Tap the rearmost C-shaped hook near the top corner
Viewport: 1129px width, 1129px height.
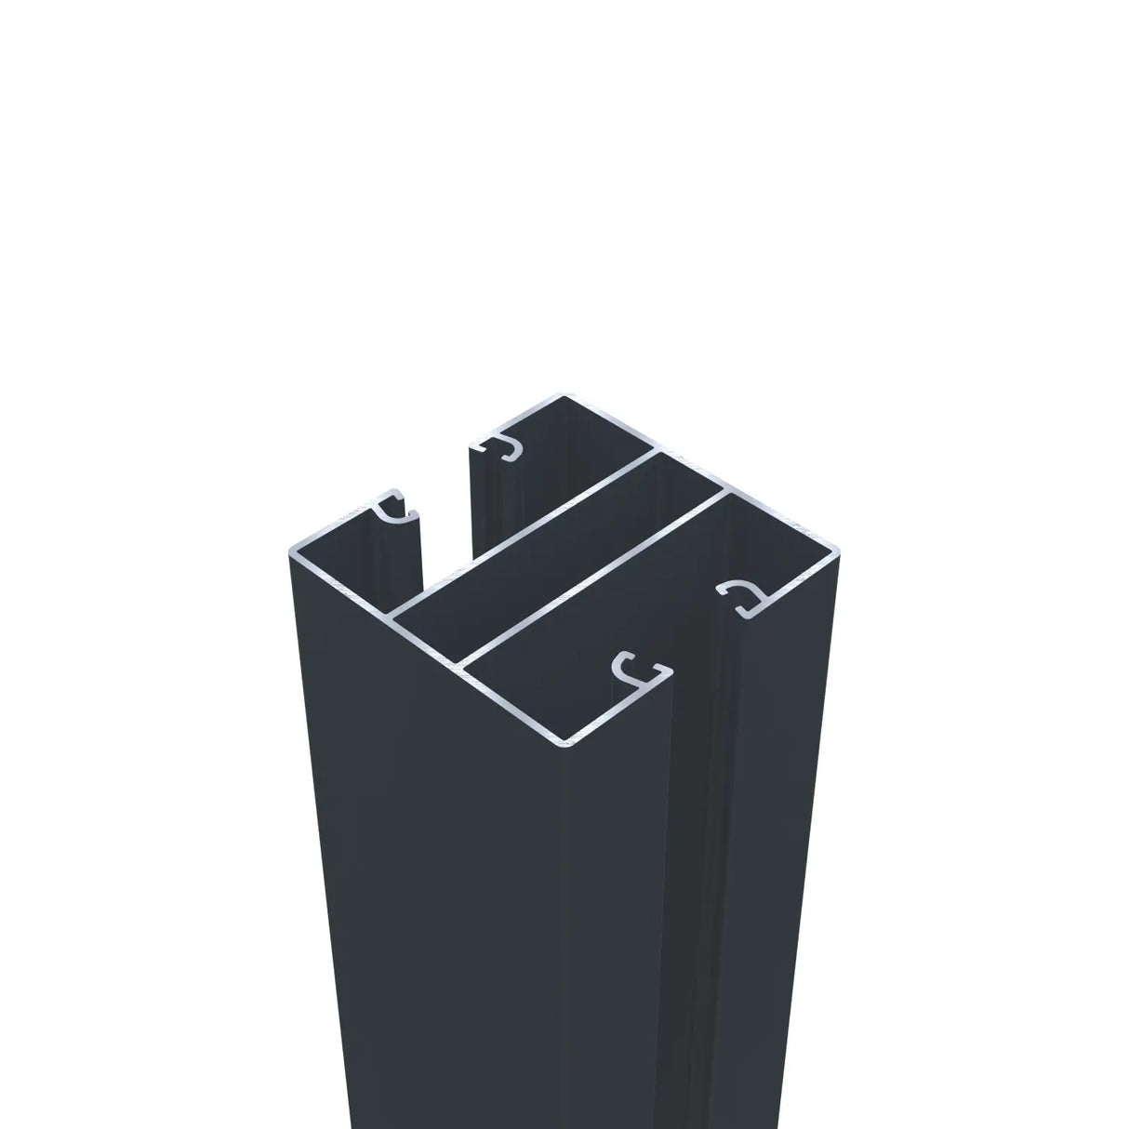click(503, 447)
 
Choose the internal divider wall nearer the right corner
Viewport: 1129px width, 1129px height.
click(595, 578)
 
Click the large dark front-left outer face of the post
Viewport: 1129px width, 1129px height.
click(428, 883)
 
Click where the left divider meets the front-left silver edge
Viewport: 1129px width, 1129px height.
click(392, 616)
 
